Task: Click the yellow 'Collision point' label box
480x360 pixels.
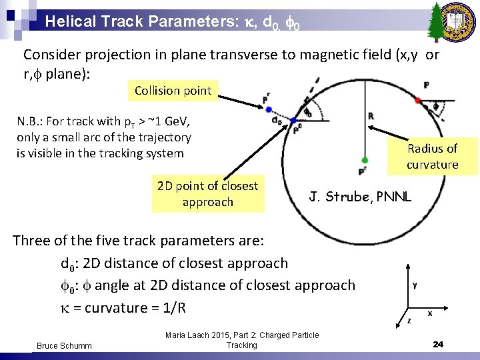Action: (173, 91)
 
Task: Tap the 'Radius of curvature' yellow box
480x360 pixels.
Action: (432, 157)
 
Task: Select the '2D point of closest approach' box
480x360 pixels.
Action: (207, 194)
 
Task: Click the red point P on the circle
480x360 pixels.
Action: (418, 100)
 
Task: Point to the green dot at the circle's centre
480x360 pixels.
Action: (365, 160)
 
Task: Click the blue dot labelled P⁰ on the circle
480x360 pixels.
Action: (293, 121)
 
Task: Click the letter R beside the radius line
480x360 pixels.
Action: (371, 116)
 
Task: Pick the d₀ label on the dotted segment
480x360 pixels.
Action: (276, 121)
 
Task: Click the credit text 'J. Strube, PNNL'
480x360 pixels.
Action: (360, 196)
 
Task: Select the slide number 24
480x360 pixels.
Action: (438, 344)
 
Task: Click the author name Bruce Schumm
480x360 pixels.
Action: (65, 345)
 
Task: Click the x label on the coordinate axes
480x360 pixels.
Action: (429, 313)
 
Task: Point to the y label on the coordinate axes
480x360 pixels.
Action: (415, 285)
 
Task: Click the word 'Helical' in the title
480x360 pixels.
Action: (70, 21)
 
